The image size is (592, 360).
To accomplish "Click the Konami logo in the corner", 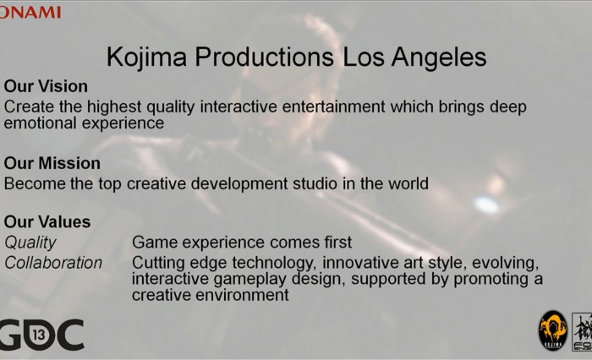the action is click(x=30, y=13).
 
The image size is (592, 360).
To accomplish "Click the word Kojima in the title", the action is click(x=147, y=57).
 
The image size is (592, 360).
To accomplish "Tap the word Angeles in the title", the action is click(x=439, y=57).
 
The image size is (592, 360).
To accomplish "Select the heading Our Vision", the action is click(x=46, y=86).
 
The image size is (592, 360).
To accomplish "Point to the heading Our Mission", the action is click(x=52, y=163).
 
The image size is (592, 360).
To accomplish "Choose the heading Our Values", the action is click(x=47, y=222).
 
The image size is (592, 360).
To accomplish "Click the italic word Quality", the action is click(x=30, y=243).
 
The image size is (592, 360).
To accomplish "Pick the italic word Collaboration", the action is click(x=53, y=263).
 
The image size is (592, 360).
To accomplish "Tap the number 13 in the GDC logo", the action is click(x=39, y=335).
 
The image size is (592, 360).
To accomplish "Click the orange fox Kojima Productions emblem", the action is click(x=553, y=331).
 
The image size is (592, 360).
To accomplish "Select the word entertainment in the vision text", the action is click(x=333, y=106).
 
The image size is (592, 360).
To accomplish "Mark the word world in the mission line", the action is click(x=408, y=183).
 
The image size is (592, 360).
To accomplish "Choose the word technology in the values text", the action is click(x=274, y=263).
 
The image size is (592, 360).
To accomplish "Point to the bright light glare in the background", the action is click(x=486, y=205).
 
